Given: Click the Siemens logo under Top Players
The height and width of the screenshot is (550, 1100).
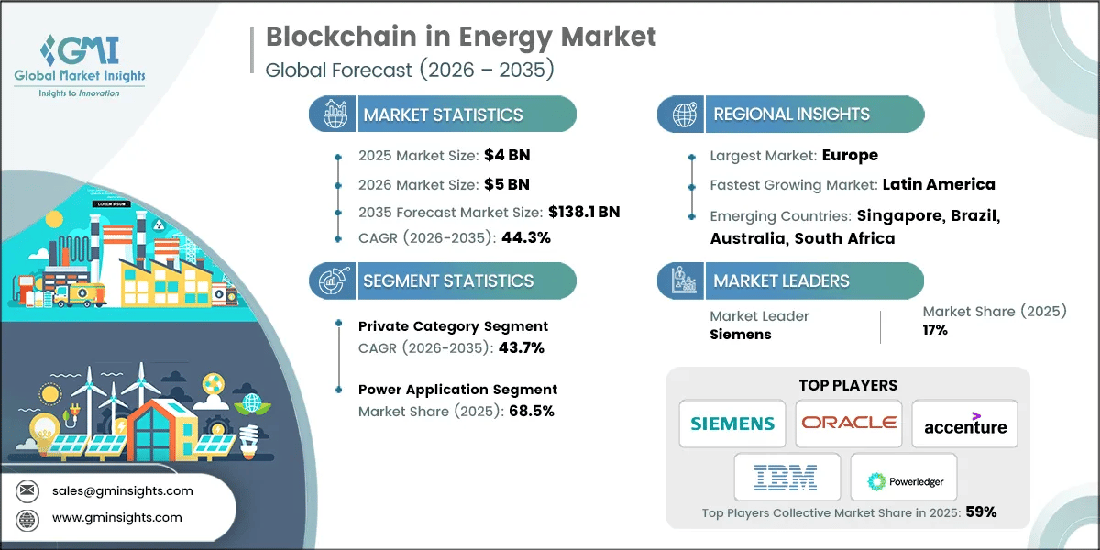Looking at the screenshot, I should click(x=731, y=423).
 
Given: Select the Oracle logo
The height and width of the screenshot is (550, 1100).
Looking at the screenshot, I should click(x=848, y=423).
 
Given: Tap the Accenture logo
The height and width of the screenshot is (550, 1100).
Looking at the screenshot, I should click(x=964, y=424).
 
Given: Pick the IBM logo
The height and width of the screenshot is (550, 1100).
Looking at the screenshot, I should click(x=786, y=478).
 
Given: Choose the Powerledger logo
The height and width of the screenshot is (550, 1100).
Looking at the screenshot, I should click(x=904, y=479).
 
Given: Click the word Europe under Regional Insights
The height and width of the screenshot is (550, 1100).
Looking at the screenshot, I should click(x=849, y=156).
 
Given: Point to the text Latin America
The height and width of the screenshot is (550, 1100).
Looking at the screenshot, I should click(x=939, y=184).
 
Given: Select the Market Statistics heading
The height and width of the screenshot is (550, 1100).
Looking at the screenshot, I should click(x=443, y=115).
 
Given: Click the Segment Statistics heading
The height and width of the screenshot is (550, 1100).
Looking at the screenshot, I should click(x=448, y=280).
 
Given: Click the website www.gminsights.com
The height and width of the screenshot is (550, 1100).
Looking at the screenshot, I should click(x=117, y=517).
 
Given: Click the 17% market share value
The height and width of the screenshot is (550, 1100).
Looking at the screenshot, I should click(x=935, y=330).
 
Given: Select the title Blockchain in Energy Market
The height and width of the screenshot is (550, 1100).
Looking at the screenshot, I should click(x=461, y=37).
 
